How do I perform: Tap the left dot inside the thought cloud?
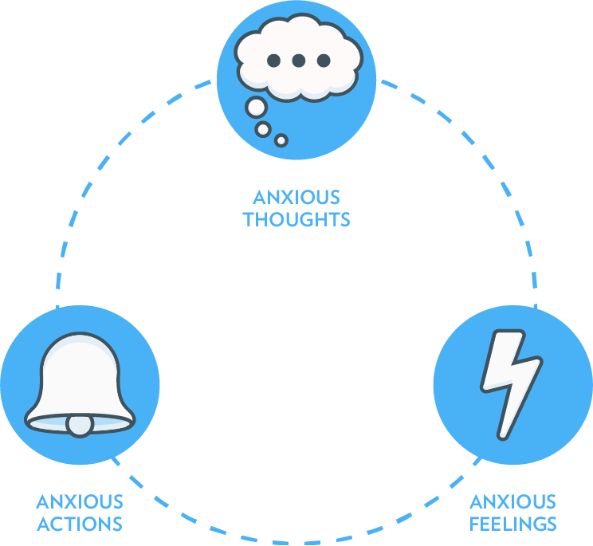[x=273, y=61]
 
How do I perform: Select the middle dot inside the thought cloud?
[x=298, y=61]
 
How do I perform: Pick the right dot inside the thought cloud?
[x=324, y=61]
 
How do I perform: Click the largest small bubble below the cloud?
[x=256, y=107]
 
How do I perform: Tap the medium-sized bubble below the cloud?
[x=263, y=129]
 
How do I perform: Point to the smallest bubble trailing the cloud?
[x=281, y=140]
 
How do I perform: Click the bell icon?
[x=80, y=383]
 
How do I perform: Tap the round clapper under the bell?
[x=80, y=426]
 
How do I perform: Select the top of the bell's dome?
[x=80, y=336]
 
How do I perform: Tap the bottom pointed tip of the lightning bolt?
[x=502, y=436]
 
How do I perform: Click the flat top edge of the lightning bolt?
[x=509, y=332]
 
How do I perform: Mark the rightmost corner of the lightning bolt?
[x=540, y=361]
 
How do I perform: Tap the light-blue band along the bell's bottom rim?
[x=48, y=425]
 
